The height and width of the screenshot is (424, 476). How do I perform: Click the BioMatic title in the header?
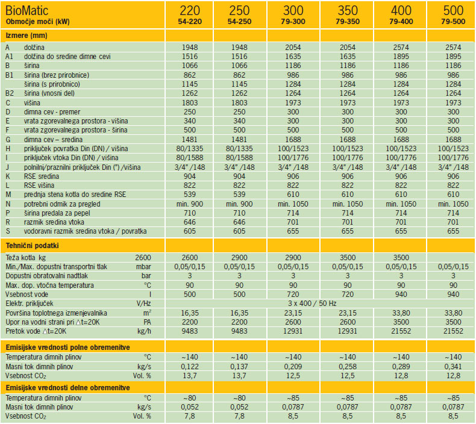pos(30,10)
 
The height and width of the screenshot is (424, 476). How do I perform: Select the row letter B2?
pos(9,93)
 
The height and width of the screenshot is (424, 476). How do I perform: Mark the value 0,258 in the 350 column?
pos(347,366)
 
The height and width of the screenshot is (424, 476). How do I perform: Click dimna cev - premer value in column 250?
pos(243,112)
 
